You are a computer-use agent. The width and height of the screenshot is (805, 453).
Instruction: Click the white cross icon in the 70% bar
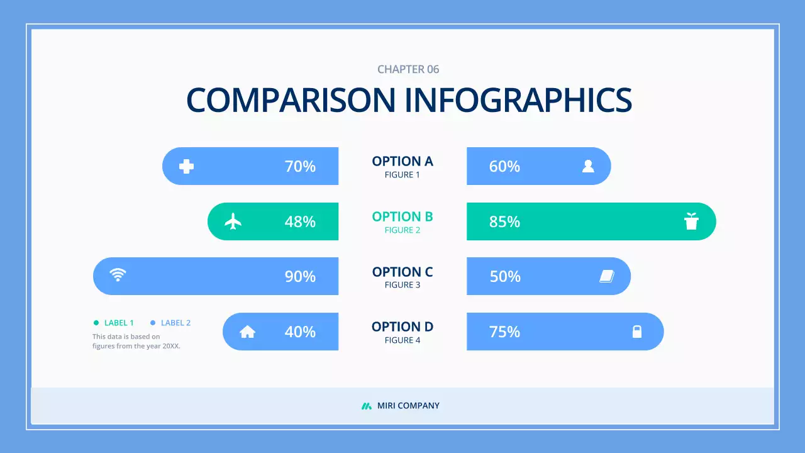(x=186, y=166)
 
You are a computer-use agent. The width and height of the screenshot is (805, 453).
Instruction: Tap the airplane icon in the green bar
(x=233, y=221)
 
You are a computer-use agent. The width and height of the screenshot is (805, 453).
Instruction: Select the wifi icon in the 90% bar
(x=118, y=274)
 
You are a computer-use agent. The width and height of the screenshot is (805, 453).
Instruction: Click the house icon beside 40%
(x=248, y=332)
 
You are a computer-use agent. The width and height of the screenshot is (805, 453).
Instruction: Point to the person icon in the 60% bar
(x=588, y=166)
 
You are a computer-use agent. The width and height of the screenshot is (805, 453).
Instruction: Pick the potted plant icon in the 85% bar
(x=691, y=221)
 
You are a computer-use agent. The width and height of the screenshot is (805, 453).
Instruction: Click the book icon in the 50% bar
(x=606, y=276)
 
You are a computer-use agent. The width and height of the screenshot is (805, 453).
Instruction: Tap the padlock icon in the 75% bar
(x=637, y=332)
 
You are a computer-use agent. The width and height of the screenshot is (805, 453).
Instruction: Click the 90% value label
(x=300, y=277)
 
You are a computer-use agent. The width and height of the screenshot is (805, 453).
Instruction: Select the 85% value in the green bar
(x=504, y=222)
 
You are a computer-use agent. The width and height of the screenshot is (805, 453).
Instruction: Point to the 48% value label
(x=300, y=222)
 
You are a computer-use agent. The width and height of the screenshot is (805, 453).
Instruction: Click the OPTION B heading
(x=402, y=217)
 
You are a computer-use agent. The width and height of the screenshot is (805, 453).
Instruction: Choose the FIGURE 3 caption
(x=402, y=285)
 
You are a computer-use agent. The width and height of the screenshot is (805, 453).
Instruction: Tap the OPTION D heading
(x=402, y=327)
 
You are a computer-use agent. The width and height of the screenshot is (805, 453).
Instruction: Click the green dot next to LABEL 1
(x=96, y=323)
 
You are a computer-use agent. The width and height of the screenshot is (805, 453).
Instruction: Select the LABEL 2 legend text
(x=175, y=323)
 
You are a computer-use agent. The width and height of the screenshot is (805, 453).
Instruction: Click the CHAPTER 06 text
(x=408, y=69)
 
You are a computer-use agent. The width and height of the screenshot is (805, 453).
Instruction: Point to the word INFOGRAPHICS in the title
(x=518, y=100)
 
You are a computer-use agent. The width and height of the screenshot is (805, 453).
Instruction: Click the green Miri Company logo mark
(x=367, y=406)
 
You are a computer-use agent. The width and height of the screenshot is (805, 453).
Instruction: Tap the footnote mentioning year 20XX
(x=136, y=341)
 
